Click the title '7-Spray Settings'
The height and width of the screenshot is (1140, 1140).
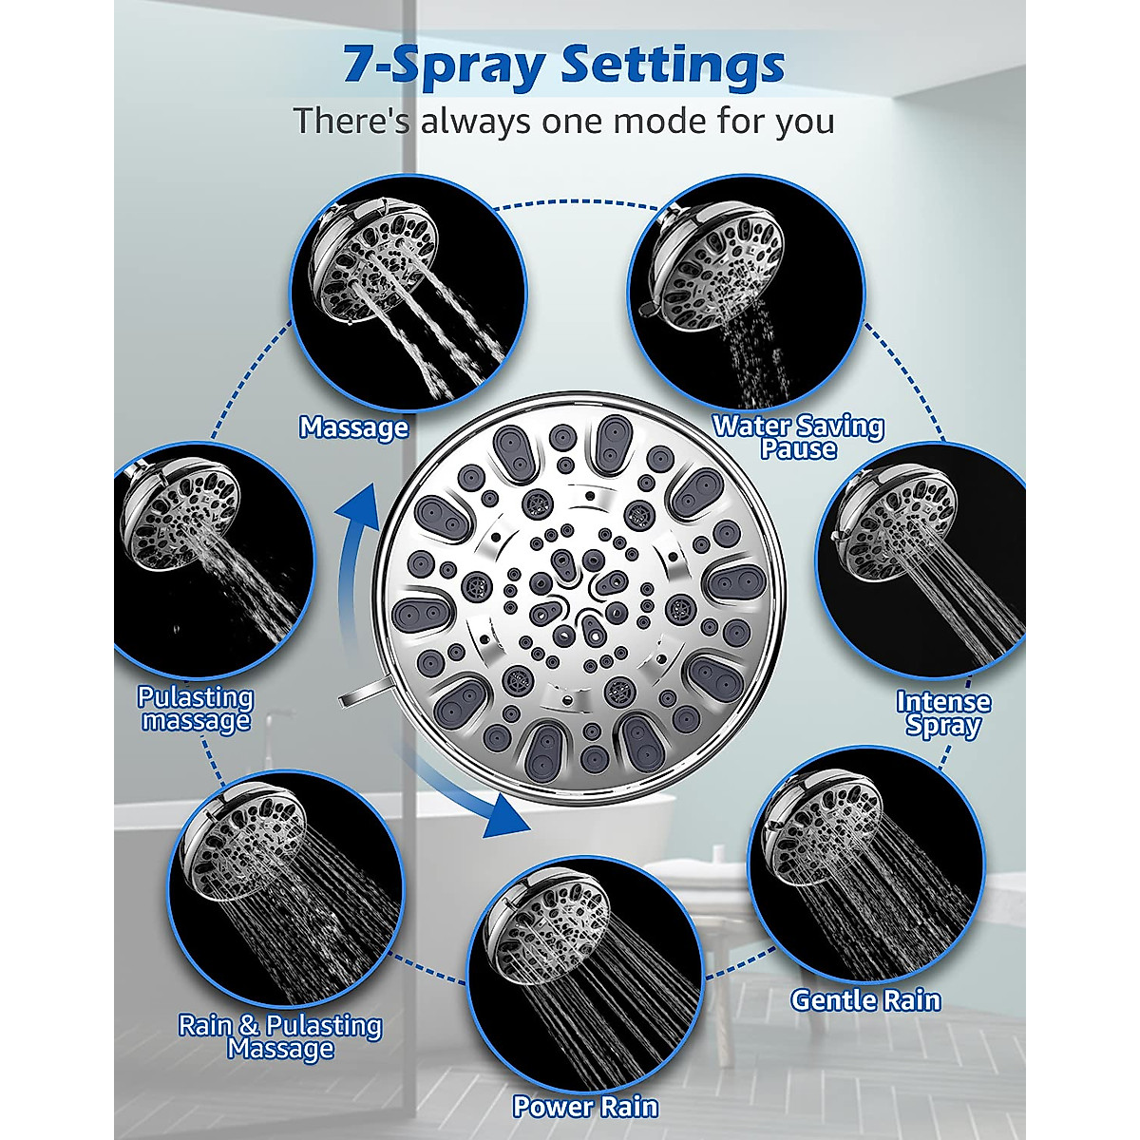(563, 66)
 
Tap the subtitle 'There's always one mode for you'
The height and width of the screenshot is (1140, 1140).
(563, 122)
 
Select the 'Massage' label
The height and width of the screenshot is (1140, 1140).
(353, 427)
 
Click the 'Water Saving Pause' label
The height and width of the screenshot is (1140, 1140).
(798, 437)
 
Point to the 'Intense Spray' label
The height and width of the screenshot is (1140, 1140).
(942, 713)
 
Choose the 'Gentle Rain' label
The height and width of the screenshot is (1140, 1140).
(865, 1000)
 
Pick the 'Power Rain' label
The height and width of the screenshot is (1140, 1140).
(585, 1107)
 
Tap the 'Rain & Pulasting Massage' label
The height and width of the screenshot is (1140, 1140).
(280, 1036)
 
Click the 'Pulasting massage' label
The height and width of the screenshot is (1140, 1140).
(196, 709)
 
